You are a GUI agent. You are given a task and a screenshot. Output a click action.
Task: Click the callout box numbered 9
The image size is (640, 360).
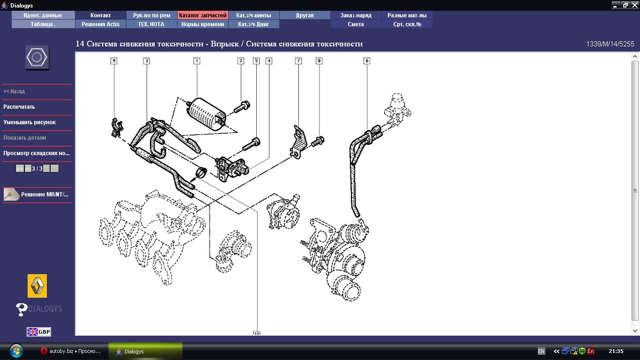[114, 60]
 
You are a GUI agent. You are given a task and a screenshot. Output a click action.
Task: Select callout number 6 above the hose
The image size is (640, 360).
[367, 60]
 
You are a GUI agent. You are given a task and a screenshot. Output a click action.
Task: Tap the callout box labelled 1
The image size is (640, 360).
[197, 60]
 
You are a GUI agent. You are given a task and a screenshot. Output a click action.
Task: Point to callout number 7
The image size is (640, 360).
[298, 60]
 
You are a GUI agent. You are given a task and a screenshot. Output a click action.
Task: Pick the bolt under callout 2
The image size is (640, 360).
[242, 107]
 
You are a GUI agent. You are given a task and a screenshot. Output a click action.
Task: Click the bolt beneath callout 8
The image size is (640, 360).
[318, 141]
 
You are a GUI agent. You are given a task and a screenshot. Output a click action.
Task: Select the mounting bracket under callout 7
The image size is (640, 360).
[298, 142]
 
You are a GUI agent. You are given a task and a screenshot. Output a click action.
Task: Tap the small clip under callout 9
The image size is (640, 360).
[117, 127]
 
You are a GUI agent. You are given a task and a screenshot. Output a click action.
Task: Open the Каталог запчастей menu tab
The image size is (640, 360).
[202, 15]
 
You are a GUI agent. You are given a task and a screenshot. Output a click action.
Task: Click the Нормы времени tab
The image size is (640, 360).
[202, 24]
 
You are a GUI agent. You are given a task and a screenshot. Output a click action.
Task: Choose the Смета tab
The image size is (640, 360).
[356, 24]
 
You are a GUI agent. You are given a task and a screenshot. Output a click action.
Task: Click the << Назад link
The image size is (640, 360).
[14, 91]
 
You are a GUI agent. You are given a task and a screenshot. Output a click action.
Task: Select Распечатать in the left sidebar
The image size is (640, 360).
[19, 107]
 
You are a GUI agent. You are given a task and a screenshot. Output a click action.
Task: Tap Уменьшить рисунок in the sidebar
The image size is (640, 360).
[30, 122]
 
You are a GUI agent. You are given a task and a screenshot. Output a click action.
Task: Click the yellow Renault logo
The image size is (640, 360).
[37, 286]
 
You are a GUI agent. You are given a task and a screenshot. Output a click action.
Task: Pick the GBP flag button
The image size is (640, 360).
[39, 332]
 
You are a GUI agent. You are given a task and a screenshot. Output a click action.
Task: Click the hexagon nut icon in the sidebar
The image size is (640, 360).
[37, 58]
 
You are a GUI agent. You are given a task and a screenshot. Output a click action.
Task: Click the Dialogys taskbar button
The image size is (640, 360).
[145, 351]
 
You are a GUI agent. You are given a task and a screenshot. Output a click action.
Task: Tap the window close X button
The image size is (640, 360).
[634, 5]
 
